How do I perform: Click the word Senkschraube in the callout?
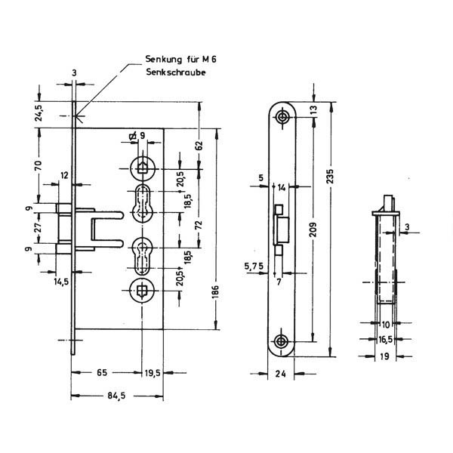pos(176,72)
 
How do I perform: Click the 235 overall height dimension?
pos(330,176)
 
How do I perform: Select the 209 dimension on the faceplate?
pos(313,230)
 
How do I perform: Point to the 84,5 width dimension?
pos(116,396)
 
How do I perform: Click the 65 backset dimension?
pos(102,373)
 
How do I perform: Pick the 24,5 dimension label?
pos(39,112)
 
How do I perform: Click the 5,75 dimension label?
pos(254,266)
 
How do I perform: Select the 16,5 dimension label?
pos(385,340)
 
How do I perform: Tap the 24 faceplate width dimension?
pos(280,374)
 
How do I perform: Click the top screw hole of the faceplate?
pos(282,117)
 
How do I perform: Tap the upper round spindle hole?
pos(143,168)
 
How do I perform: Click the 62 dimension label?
pos(199,145)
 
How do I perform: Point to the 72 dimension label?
pos(199,225)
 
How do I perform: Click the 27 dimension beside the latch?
pos(39,227)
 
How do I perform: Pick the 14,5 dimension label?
pos(62,282)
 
